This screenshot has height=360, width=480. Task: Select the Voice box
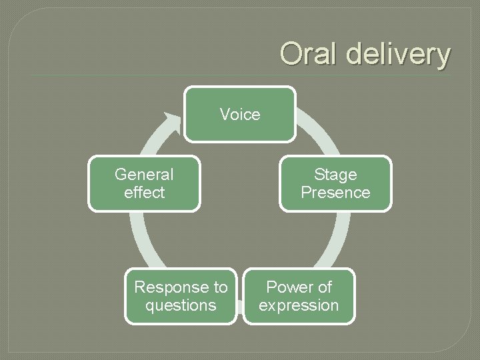pyautogui.click(x=240, y=114)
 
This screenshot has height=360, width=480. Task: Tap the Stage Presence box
pyautogui.click(x=335, y=183)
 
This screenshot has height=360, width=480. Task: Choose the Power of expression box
pyautogui.click(x=299, y=296)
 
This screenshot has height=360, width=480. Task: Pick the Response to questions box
pyautogui.click(x=181, y=296)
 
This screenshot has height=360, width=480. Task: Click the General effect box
pyautogui.click(x=144, y=183)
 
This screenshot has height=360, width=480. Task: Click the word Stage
pyautogui.click(x=335, y=175)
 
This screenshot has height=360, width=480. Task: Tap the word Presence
pyautogui.click(x=335, y=193)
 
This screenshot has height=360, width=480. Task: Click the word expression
pyautogui.click(x=299, y=305)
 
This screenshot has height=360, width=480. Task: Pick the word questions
pyautogui.click(x=181, y=305)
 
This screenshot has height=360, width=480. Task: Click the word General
pyautogui.click(x=144, y=175)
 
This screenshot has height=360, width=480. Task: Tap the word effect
pyautogui.click(x=144, y=193)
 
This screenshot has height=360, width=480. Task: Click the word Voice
pyautogui.click(x=240, y=115)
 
